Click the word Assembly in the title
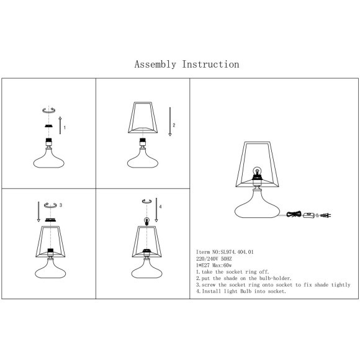(x=155, y=65)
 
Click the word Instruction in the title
(x=210, y=65)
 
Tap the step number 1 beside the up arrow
(x=65, y=127)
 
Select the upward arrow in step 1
(x=60, y=125)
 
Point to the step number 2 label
(x=174, y=125)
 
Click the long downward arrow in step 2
(x=170, y=122)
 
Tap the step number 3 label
(x=61, y=205)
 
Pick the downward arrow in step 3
(x=38, y=212)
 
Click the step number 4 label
(x=160, y=207)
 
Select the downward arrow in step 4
(x=156, y=210)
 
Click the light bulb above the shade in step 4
(x=146, y=221)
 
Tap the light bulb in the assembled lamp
(x=257, y=171)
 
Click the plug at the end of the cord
(x=326, y=215)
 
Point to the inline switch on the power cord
(x=309, y=215)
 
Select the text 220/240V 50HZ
(x=214, y=259)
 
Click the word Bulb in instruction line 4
(x=246, y=291)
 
